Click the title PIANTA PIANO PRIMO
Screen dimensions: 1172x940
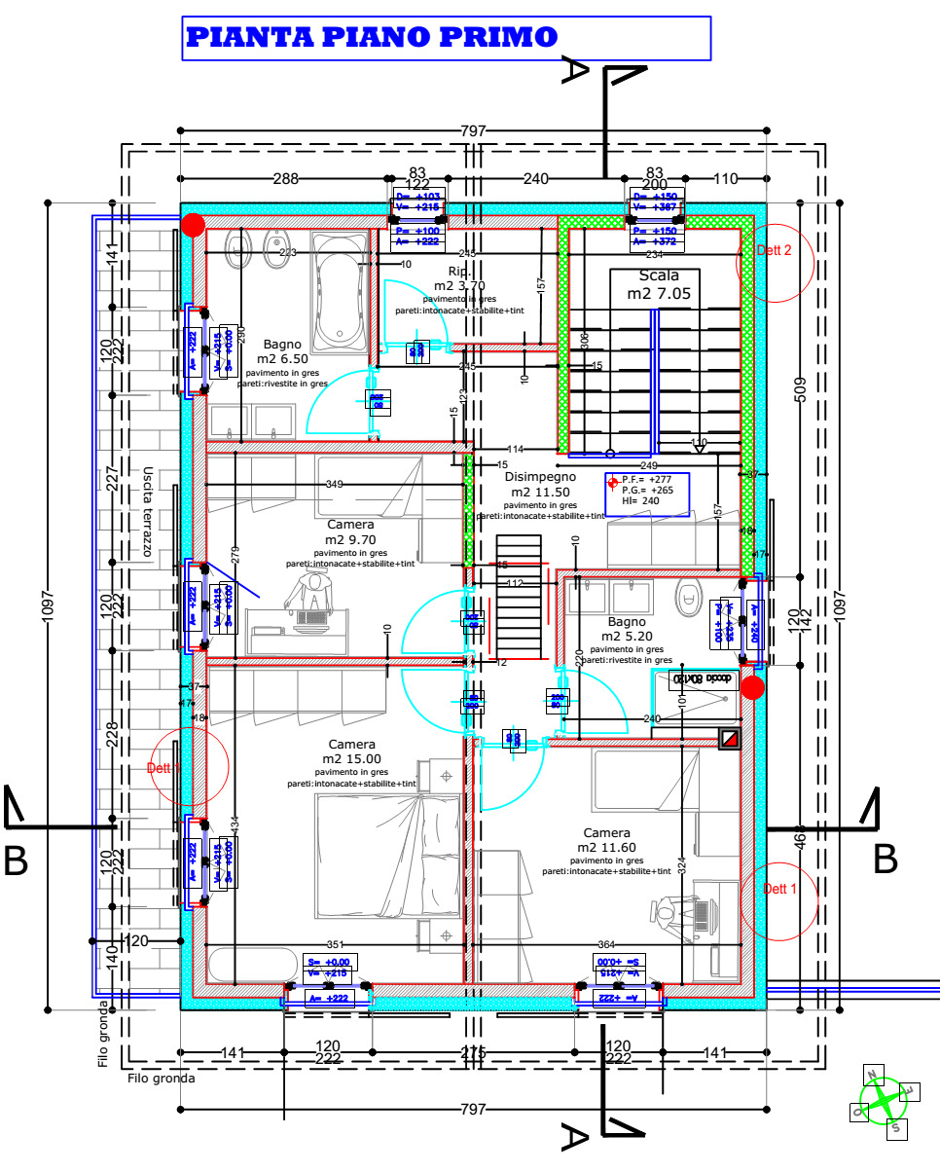point(371,38)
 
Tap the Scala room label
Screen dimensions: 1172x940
point(659,284)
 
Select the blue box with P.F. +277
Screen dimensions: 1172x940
point(646,494)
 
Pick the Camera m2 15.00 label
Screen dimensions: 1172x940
point(351,751)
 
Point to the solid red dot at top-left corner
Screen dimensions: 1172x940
point(193,226)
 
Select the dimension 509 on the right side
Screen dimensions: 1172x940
point(800,389)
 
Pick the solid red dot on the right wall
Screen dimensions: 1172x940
point(751,688)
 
